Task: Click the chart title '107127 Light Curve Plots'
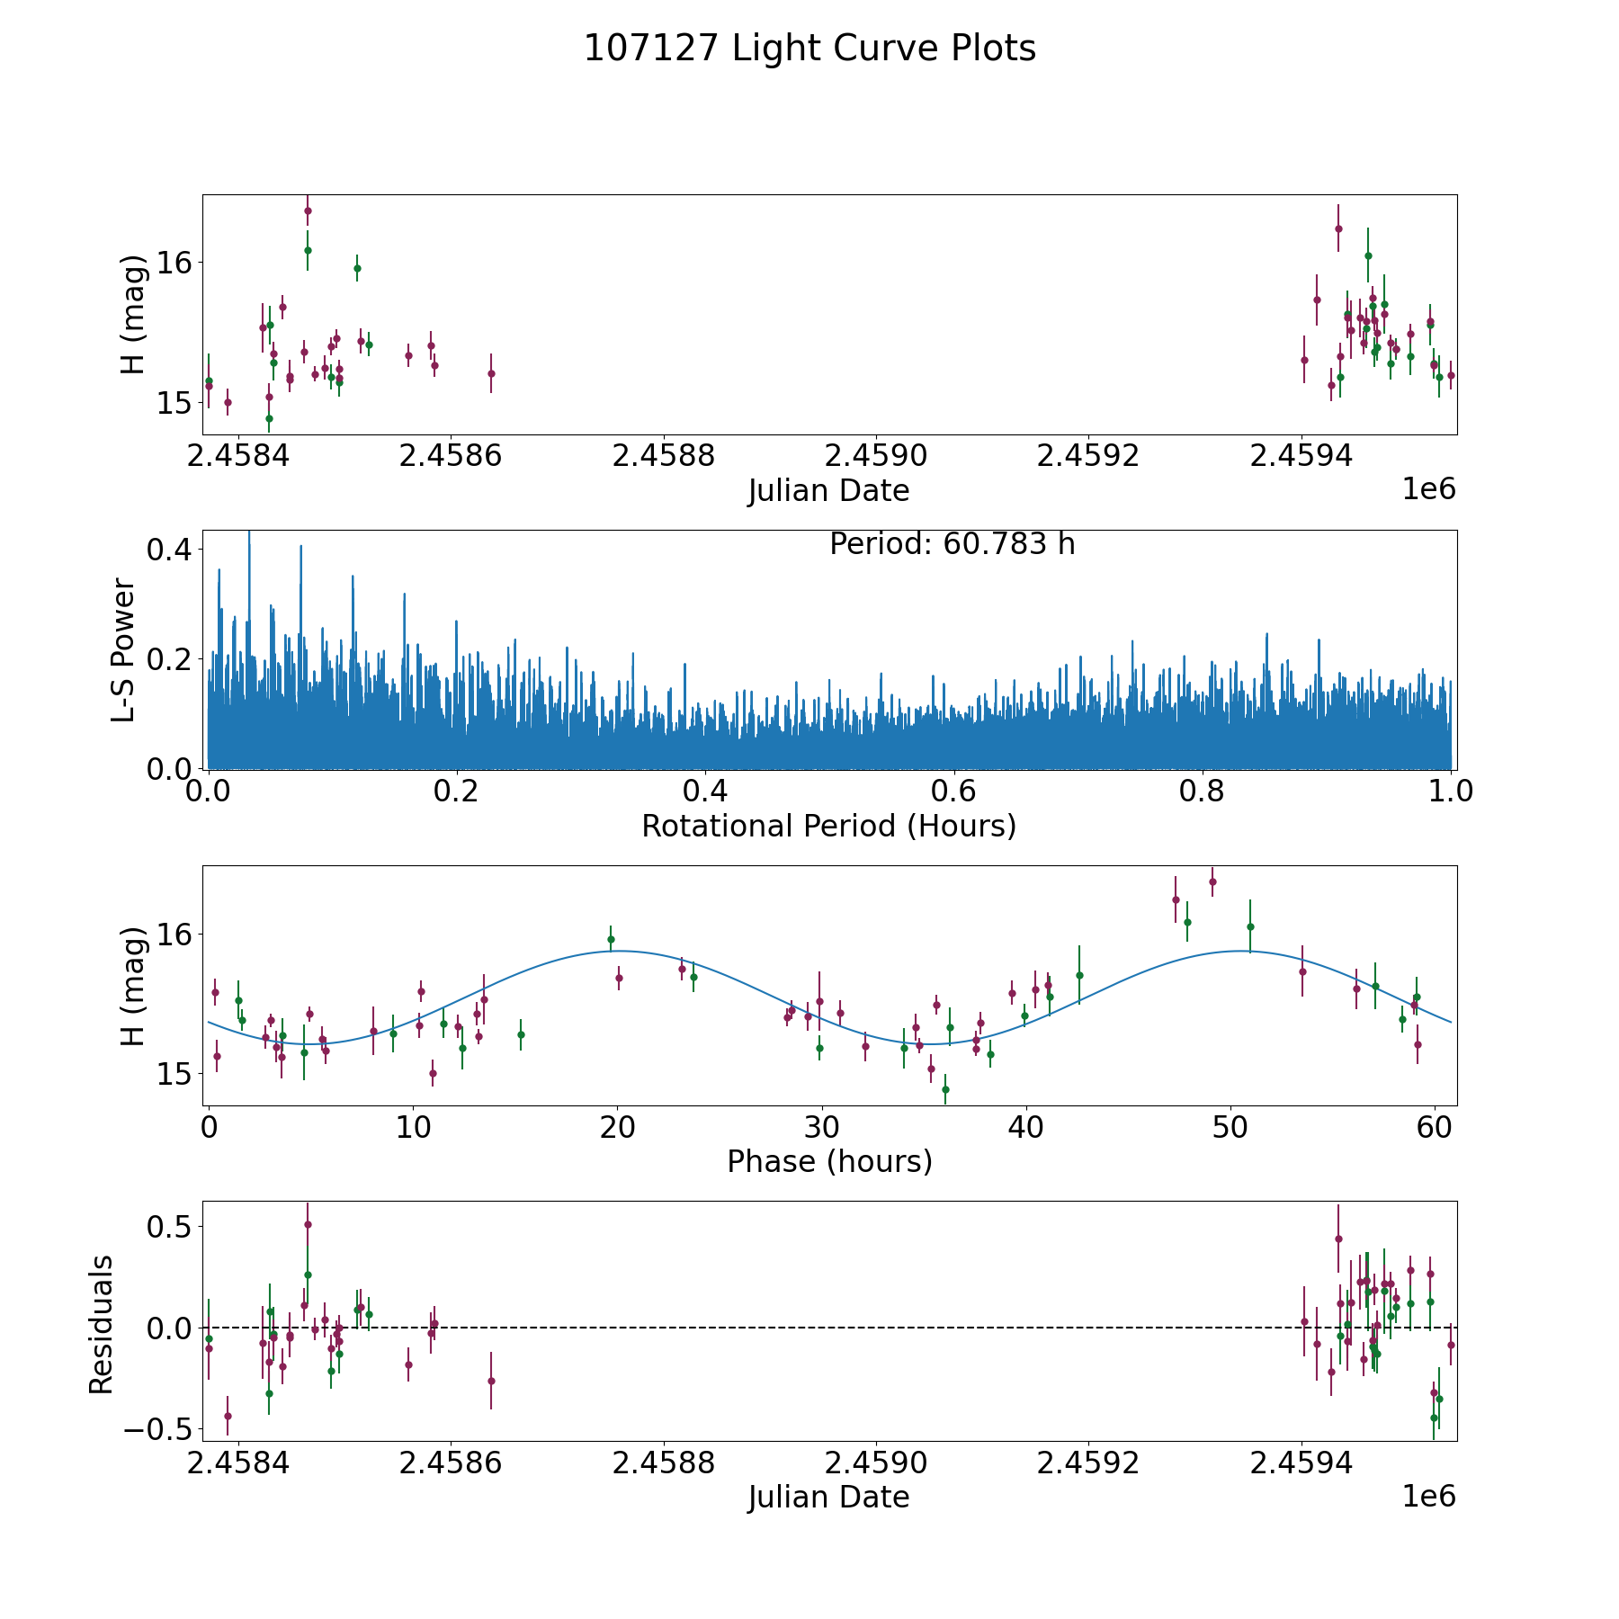click(x=809, y=49)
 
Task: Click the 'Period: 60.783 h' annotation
click(x=952, y=544)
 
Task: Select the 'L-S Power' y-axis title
click(x=124, y=650)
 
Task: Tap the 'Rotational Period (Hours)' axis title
click(x=828, y=826)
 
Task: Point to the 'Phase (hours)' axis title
click(x=828, y=1161)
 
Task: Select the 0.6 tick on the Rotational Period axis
click(x=953, y=792)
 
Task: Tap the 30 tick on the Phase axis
click(x=820, y=1128)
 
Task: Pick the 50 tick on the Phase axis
click(x=1229, y=1128)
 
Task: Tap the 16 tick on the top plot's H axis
click(x=174, y=263)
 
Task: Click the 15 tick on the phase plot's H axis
click(x=174, y=1074)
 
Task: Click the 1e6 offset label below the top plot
click(x=1428, y=489)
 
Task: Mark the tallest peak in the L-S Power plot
click(x=249, y=533)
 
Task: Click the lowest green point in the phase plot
click(x=945, y=1089)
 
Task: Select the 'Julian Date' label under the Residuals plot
click(x=828, y=1498)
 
